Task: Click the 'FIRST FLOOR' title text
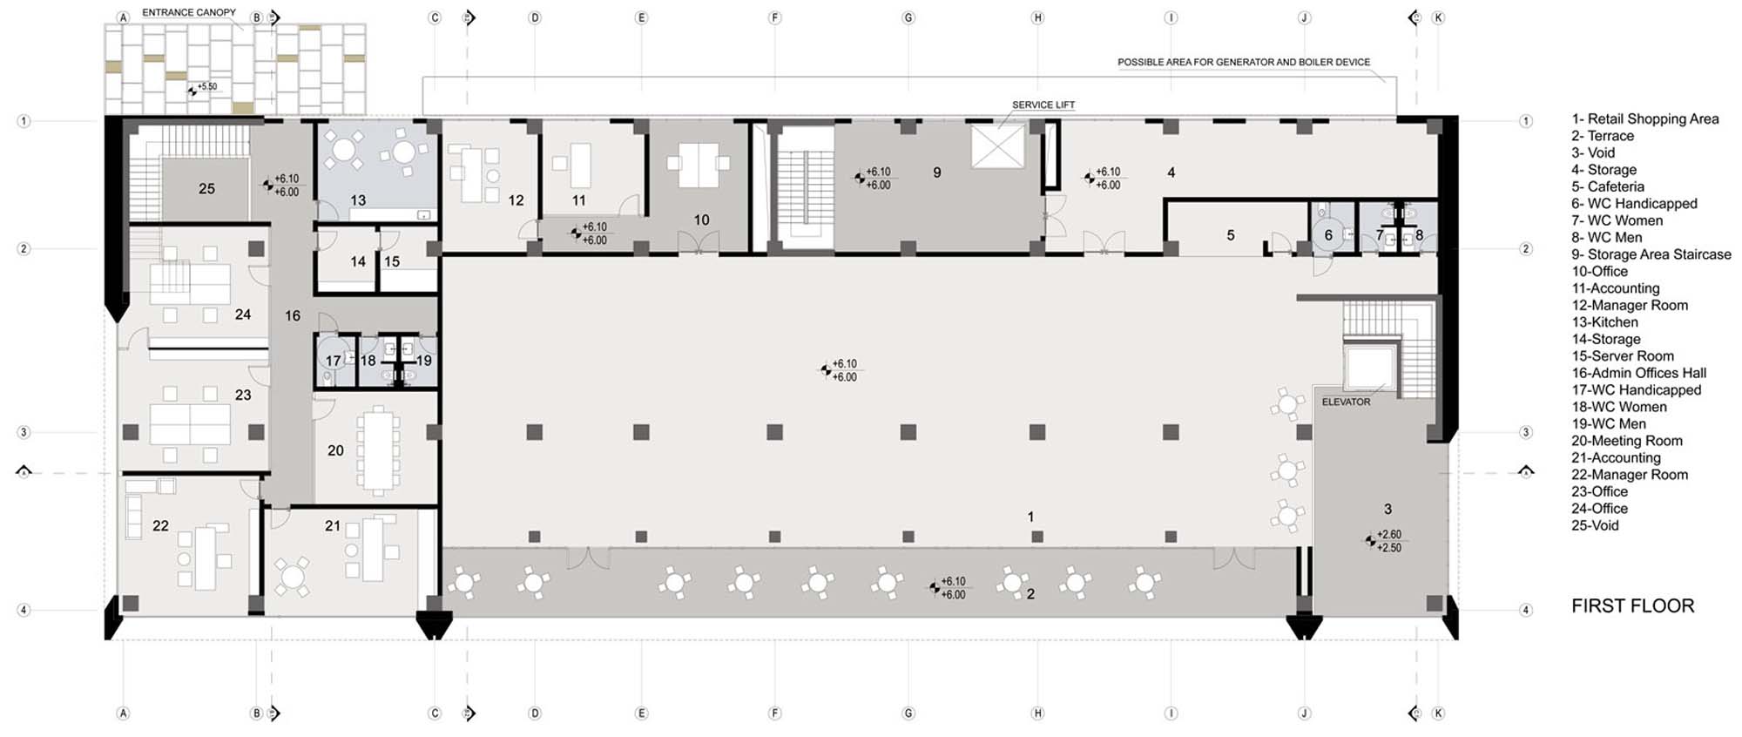click(1632, 605)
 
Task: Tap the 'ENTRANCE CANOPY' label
click(189, 12)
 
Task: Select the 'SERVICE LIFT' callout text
click(1043, 105)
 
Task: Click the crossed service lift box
click(998, 145)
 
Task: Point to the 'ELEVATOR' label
click(1346, 402)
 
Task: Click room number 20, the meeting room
click(335, 450)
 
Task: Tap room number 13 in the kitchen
click(358, 200)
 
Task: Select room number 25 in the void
click(206, 188)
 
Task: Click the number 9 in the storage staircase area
click(937, 172)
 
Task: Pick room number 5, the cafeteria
click(1231, 235)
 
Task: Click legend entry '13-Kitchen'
click(1604, 322)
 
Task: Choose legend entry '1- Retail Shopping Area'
click(1644, 119)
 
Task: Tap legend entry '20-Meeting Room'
click(1627, 441)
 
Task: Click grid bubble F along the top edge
click(774, 17)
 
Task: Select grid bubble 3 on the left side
click(24, 432)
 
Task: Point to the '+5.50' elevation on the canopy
click(207, 87)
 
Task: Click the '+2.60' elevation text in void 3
click(1389, 535)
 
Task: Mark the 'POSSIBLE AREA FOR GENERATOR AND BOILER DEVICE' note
click(1244, 62)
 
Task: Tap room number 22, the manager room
click(160, 525)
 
